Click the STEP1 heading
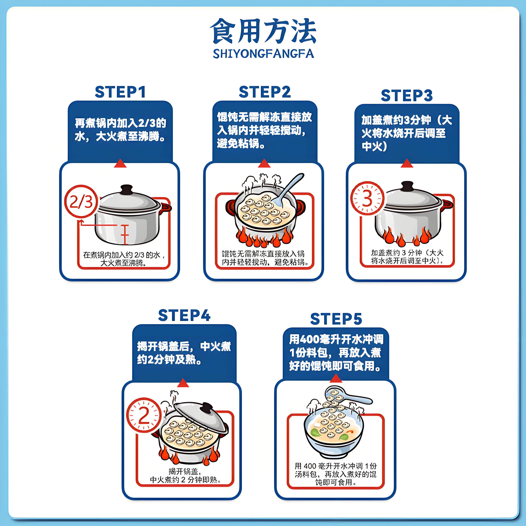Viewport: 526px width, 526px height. (120, 92)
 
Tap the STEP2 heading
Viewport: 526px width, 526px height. (265, 92)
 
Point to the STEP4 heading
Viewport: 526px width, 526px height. (184, 316)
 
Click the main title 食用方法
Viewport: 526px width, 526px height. (263, 31)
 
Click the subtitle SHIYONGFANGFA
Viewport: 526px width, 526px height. (263, 54)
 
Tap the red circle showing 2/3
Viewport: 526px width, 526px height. (81, 202)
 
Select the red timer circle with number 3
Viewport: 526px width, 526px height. (367, 198)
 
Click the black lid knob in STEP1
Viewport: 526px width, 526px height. (126, 190)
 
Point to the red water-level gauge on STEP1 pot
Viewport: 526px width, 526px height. (125, 235)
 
